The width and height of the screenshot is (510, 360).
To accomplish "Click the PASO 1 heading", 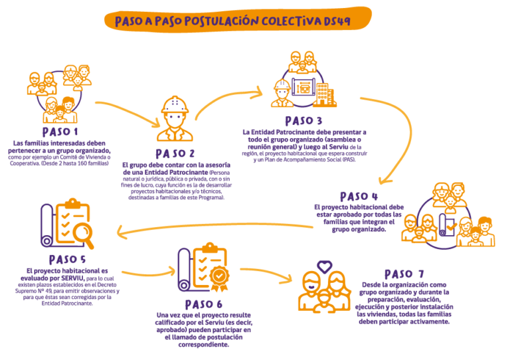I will point(59,132).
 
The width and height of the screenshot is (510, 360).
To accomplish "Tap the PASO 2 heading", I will point(174,153).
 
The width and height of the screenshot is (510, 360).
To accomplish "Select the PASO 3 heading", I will point(303,121).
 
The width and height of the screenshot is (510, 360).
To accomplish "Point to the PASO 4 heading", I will point(359,197).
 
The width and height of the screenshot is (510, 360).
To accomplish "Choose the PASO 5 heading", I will point(67,259).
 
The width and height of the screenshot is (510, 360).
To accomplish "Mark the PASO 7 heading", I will point(404,274).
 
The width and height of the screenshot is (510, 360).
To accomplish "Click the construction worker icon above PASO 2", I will point(175,119).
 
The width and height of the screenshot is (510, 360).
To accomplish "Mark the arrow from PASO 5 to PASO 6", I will point(147,273).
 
